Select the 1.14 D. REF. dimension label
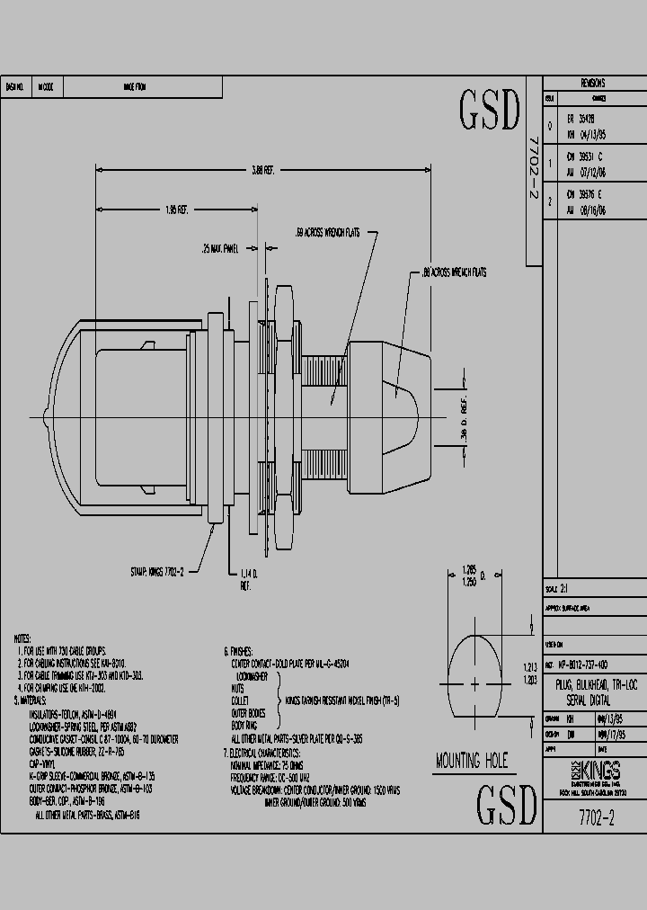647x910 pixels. [x=248, y=577]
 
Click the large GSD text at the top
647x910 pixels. [x=490, y=110]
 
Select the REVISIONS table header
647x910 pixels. [x=593, y=83]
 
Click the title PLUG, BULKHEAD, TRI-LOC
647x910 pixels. [x=593, y=685]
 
